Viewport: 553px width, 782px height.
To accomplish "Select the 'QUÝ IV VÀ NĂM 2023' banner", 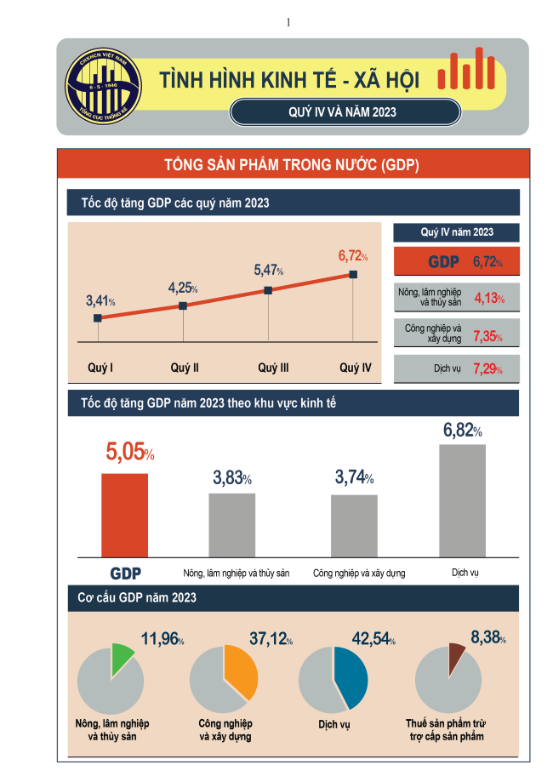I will [x=345, y=111].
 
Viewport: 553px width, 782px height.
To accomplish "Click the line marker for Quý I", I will [x=98, y=318].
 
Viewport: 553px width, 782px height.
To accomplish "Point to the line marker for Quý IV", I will [x=353, y=275].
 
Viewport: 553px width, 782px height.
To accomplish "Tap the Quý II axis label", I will [x=185, y=368].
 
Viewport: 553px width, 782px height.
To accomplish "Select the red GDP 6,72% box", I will [x=456, y=262].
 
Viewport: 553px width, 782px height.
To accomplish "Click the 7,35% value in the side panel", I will [x=487, y=337].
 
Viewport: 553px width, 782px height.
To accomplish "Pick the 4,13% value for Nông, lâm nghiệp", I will [x=488, y=300].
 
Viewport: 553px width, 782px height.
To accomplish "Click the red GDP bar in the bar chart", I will [x=124, y=514].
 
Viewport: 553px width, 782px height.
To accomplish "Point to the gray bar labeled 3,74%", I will [x=354, y=525].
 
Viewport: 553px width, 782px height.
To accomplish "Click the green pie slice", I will [x=121, y=660].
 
